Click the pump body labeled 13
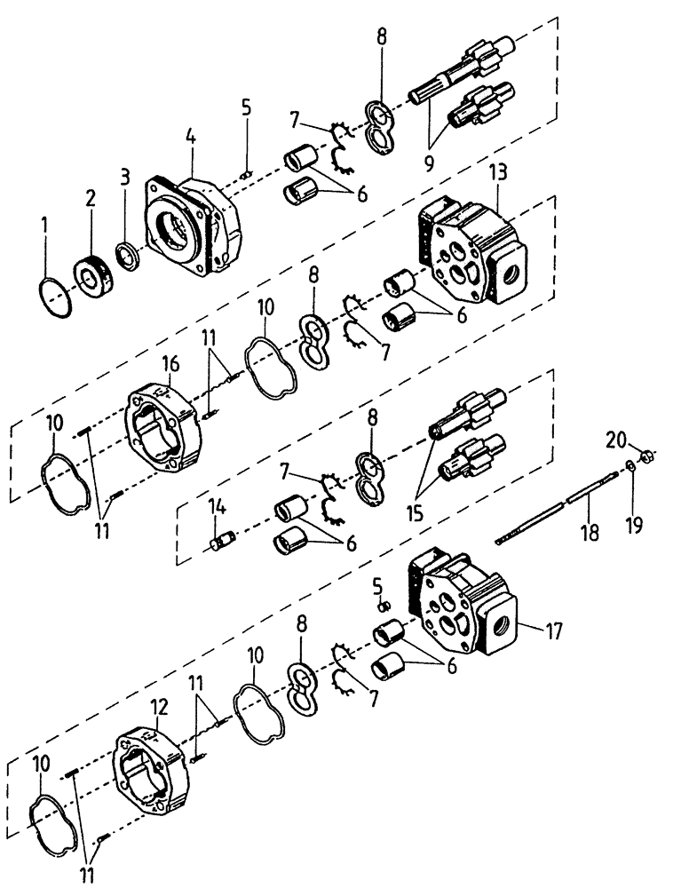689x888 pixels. [471, 249]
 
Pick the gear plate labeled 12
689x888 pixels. [155, 768]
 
